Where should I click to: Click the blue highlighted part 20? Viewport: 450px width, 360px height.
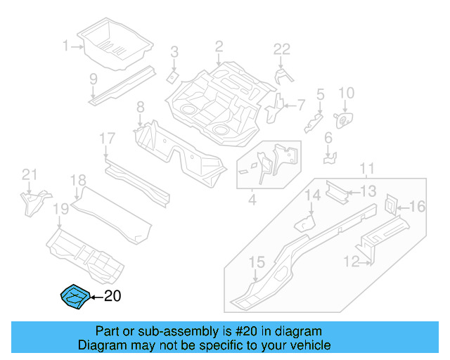(72, 296)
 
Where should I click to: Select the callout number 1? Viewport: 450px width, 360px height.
(66, 46)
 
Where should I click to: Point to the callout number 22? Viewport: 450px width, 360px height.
(281, 49)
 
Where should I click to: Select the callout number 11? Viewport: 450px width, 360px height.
(366, 169)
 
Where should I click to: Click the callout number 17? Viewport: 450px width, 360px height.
(106, 139)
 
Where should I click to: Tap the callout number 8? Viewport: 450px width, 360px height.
(140, 107)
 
